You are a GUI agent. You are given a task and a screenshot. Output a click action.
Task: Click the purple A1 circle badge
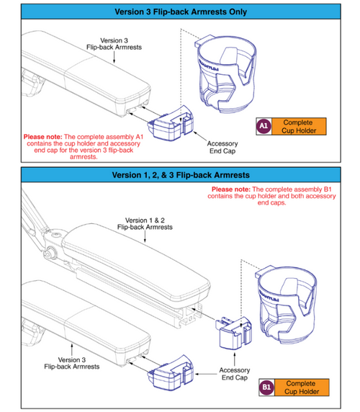pos(264,127)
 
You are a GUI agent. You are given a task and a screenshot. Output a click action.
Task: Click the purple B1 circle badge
pos(266,388)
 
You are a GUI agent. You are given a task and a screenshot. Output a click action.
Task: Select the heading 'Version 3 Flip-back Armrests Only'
pos(180,12)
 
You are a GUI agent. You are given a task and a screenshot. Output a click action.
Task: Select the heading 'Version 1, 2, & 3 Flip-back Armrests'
pos(180,175)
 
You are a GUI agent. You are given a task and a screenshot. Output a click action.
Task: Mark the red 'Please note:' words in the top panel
pos(44,136)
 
